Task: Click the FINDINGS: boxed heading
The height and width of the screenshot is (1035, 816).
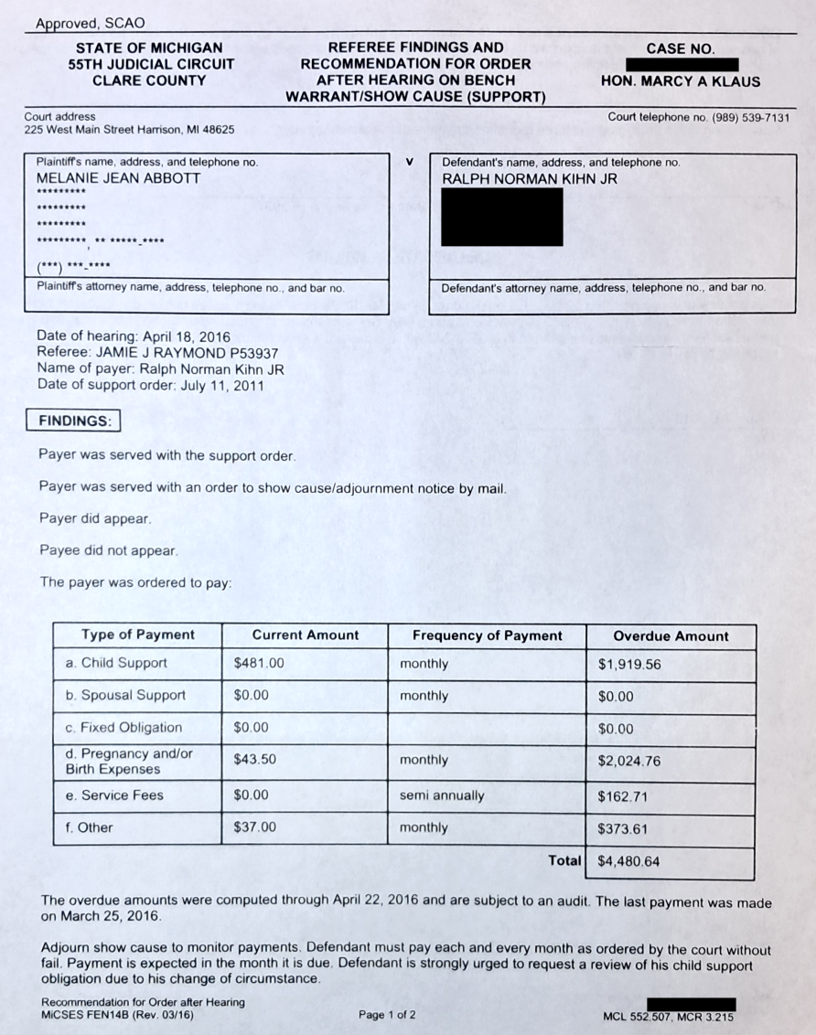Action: [75, 421]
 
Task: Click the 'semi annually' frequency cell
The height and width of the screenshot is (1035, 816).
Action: [442, 795]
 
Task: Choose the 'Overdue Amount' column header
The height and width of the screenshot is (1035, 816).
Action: [671, 636]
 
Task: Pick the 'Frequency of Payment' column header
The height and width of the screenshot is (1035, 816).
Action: [487, 635]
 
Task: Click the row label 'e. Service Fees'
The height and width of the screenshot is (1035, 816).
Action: [114, 795]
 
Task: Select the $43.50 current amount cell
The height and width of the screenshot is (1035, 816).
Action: [256, 760]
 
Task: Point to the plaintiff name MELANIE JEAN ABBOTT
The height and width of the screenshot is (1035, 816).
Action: [118, 179]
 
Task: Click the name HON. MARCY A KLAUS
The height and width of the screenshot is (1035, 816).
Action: [681, 81]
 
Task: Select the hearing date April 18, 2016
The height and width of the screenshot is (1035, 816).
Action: [185, 336]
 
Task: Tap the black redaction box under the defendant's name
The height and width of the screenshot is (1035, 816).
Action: [501, 217]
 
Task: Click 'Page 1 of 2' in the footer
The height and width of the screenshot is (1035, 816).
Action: [387, 1015]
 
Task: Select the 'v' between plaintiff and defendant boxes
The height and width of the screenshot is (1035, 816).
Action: [410, 162]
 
